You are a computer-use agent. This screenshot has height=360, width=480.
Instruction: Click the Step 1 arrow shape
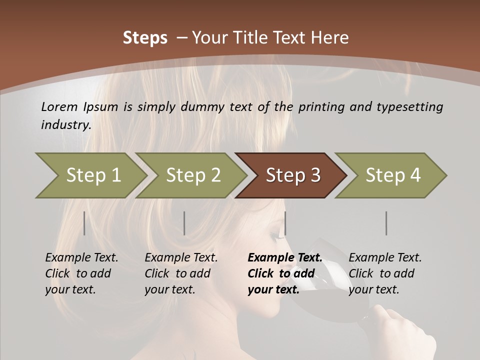click(92, 175)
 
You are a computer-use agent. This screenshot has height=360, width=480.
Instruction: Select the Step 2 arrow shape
click(192, 175)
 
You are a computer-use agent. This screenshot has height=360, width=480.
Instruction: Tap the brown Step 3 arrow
click(292, 175)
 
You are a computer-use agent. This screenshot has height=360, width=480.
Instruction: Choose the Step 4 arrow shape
click(392, 175)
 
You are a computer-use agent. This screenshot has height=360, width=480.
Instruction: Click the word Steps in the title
click(145, 38)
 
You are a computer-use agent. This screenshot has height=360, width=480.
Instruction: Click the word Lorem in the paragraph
click(59, 106)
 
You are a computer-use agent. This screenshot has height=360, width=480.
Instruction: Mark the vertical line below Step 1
click(84, 223)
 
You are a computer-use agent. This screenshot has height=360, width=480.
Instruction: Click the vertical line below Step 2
click(184, 223)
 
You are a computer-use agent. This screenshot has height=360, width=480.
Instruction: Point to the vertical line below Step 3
click(285, 223)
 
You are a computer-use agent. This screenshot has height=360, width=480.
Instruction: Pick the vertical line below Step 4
click(386, 223)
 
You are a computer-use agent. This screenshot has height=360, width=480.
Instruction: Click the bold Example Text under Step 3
click(285, 258)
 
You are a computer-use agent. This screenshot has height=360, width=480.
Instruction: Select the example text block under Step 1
click(81, 273)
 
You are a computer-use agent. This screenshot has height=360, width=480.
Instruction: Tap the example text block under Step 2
click(181, 273)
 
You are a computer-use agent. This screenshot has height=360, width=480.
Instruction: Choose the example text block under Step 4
click(385, 273)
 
